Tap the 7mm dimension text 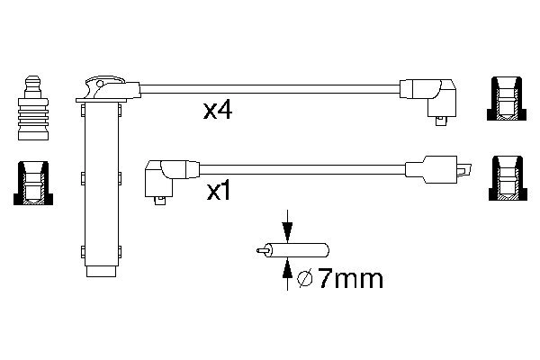click(x=351, y=279)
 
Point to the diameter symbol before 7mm click(x=305, y=280)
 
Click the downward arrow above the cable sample click(x=287, y=226)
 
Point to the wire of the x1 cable click(x=297, y=167)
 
